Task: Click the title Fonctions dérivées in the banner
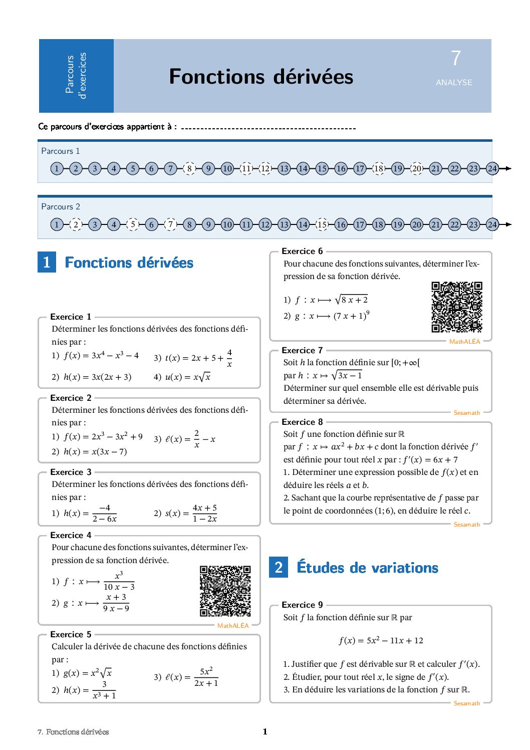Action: [261, 77]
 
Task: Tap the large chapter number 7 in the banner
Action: [455, 59]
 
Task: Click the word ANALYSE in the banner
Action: [454, 83]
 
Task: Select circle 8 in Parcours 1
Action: [189, 168]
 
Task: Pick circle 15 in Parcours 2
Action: [322, 224]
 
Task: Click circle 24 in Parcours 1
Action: [492, 168]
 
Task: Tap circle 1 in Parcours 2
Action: [57, 224]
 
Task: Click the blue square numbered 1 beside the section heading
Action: [47, 262]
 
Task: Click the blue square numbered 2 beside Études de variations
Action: [279, 567]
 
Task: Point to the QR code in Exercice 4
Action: [225, 591]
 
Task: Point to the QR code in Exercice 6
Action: [457, 307]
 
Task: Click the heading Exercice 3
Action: [71, 472]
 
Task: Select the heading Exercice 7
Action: [302, 350]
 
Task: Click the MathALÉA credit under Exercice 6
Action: [464, 342]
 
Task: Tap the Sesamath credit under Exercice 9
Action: [466, 703]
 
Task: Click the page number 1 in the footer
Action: [265, 731]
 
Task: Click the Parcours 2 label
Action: [61, 206]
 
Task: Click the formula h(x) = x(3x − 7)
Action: [95, 451]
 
